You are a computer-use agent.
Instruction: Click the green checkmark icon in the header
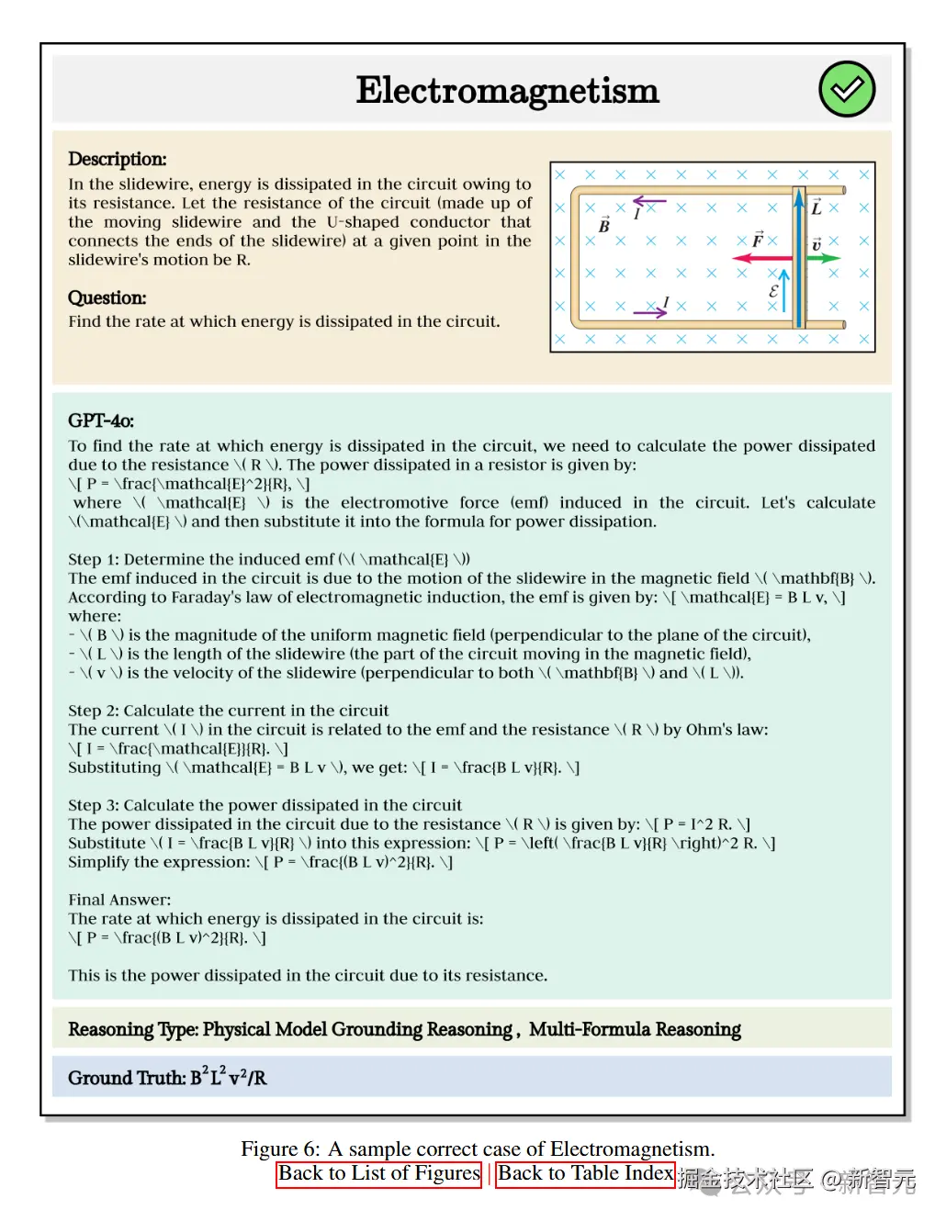pos(846,89)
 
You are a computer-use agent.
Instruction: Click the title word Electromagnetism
pos(507,90)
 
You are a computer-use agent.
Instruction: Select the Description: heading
pos(118,159)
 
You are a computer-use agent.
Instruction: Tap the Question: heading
pos(107,297)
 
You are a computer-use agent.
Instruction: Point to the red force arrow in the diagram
pos(763,258)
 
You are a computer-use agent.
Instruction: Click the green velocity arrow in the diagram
pos(824,258)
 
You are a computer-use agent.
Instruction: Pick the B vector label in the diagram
pos(604,225)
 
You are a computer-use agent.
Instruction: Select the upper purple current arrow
pos(649,200)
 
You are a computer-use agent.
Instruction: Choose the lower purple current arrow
pos(649,313)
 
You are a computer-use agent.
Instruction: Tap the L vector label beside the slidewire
pos(816,207)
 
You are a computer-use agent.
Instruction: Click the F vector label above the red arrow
pos(758,239)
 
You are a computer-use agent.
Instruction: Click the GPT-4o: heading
pos(101,420)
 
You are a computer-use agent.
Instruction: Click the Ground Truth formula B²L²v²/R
pos(229,1077)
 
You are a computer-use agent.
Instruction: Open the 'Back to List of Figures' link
pos(378,1174)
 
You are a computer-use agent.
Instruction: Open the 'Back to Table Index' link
pos(585,1174)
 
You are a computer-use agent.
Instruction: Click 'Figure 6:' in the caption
pos(280,1149)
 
